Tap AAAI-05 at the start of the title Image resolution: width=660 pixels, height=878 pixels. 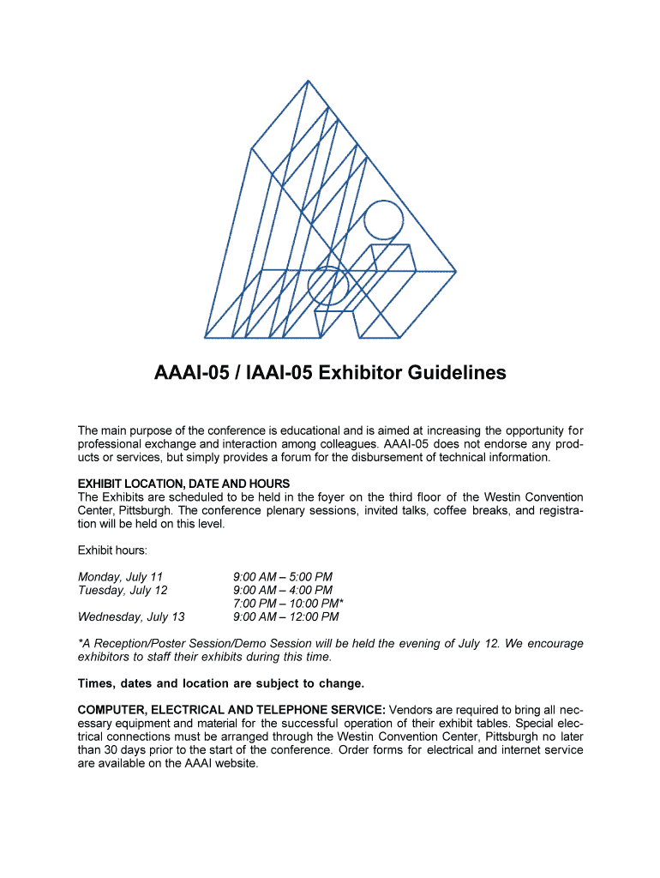(x=188, y=373)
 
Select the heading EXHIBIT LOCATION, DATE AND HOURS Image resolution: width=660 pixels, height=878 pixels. (x=183, y=484)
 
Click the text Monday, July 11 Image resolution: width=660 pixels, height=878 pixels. (x=120, y=576)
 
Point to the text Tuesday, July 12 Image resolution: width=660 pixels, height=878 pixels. (x=123, y=590)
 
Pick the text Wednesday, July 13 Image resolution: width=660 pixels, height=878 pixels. (x=131, y=616)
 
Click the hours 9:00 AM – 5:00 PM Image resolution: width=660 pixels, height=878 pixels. (x=283, y=576)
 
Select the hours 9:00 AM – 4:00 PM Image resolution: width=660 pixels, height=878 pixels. (x=283, y=590)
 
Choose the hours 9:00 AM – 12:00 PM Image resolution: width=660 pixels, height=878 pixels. (x=286, y=616)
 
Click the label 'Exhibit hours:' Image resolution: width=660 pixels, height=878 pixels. (x=111, y=550)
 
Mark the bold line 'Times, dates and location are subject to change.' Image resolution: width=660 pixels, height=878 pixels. (x=221, y=683)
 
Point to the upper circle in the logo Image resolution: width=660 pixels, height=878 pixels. (x=383, y=219)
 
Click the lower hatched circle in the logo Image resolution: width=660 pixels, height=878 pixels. (x=327, y=286)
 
